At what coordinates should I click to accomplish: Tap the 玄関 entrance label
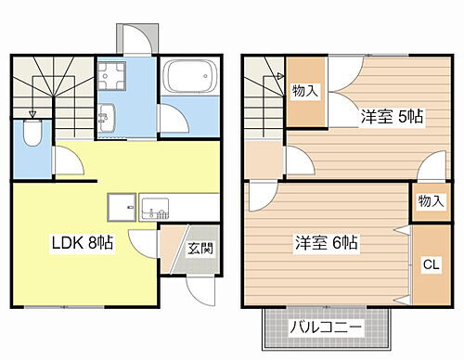(198, 248)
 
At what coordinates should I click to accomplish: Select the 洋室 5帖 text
(392, 118)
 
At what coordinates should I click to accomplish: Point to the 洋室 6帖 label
(327, 244)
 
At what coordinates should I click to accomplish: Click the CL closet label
(430, 264)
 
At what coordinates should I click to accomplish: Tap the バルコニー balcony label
(325, 327)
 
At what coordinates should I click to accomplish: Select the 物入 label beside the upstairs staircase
(306, 91)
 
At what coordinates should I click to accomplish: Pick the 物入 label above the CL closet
(429, 200)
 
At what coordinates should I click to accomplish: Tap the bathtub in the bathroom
(189, 77)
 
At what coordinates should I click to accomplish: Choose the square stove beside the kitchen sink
(121, 206)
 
